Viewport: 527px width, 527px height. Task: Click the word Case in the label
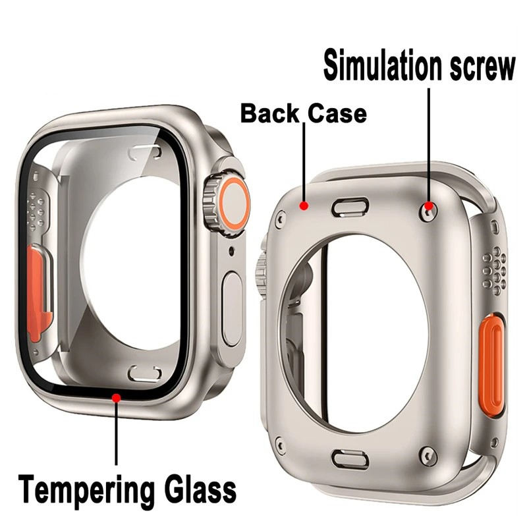[335, 113]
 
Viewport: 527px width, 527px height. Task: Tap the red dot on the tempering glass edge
[117, 397]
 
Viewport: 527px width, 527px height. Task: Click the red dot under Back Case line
[304, 206]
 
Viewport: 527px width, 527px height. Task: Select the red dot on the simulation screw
[430, 207]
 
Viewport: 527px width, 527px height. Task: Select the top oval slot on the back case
[350, 208]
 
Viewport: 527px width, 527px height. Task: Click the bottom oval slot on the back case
[350, 458]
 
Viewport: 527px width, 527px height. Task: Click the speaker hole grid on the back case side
[493, 268]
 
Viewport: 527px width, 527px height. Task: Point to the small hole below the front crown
[231, 251]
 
